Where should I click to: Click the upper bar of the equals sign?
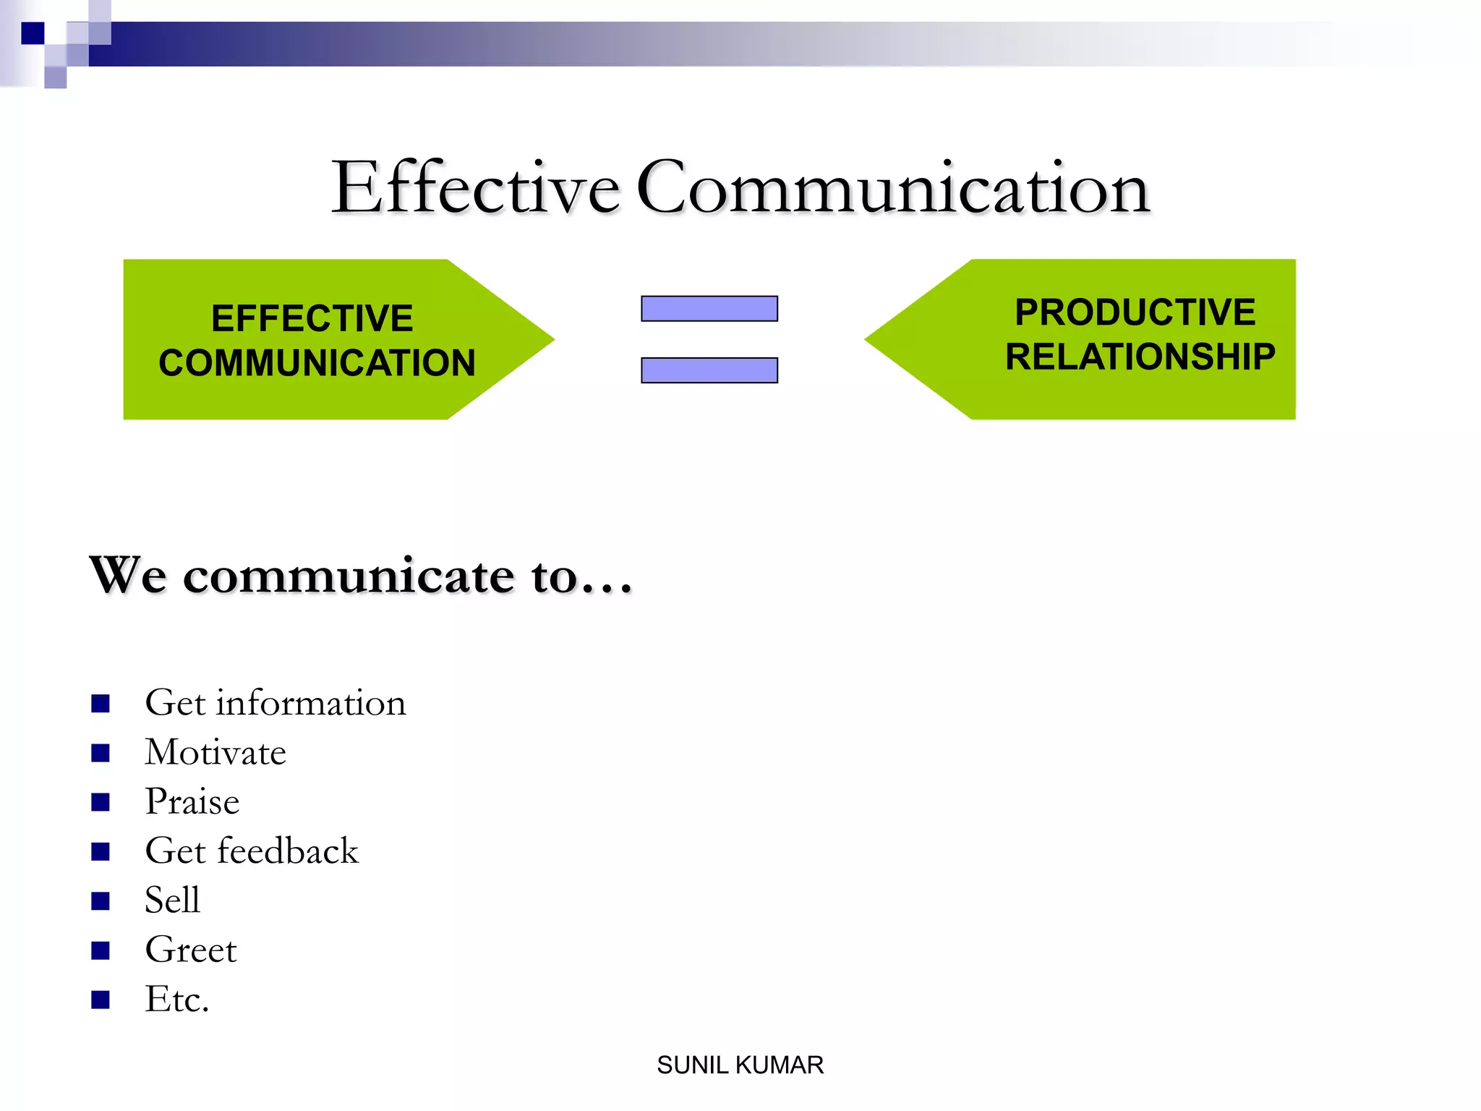point(709,309)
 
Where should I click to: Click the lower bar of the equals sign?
point(709,370)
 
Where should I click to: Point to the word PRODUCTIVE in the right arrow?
point(1135,312)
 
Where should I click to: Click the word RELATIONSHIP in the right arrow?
point(1140,357)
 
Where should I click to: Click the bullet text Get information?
point(275,703)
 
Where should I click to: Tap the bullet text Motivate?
point(215,752)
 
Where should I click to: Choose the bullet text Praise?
point(192,801)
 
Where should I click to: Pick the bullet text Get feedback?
point(251,851)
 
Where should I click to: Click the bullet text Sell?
point(172,901)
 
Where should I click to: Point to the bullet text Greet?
point(190,950)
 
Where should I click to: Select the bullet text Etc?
point(176,999)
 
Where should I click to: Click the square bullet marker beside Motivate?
point(101,753)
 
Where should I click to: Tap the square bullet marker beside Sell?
point(101,901)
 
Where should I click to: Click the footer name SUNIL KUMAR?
point(740,1065)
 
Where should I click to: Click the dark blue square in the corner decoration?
point(33,33)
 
